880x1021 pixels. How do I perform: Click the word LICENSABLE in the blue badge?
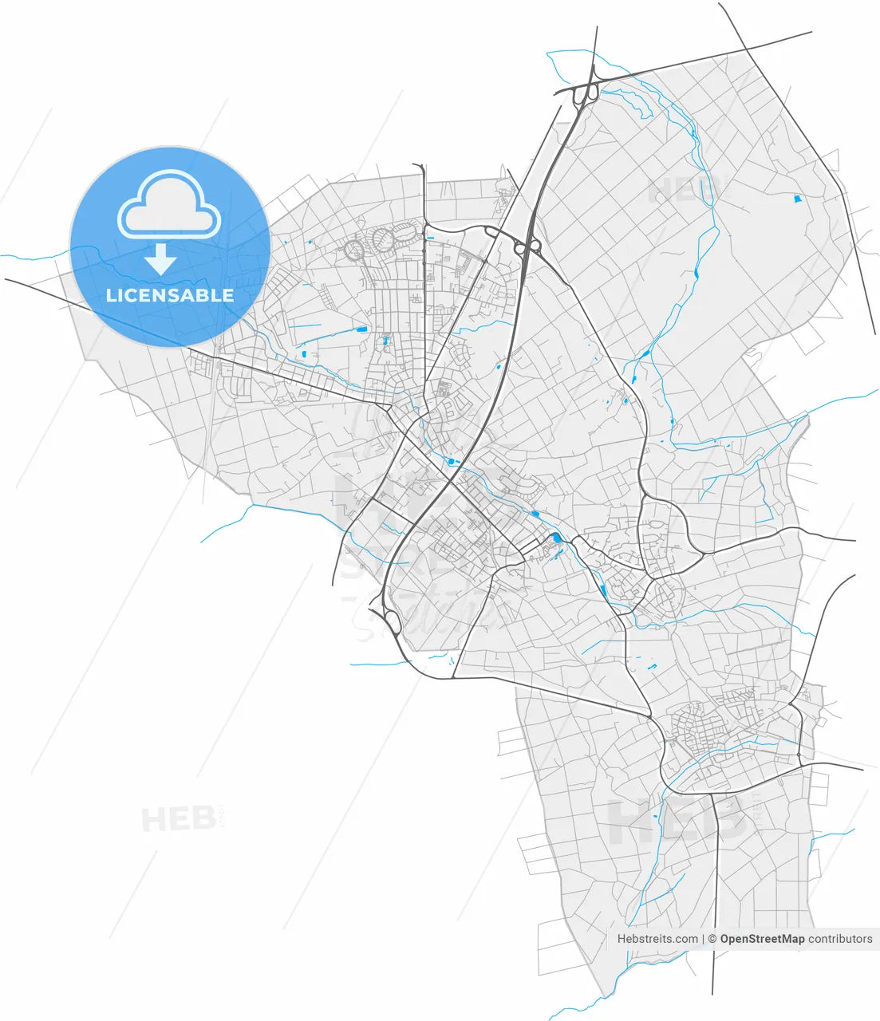tap(170, 295)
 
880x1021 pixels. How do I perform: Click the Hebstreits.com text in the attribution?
tap(657, 939)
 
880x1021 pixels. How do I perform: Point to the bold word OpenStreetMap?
tap(762, 939)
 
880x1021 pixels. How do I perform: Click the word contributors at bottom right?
tap(840, 939)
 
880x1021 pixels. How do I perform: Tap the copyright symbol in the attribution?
tap(713, 939)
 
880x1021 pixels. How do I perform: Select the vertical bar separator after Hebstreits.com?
tap(704, 939)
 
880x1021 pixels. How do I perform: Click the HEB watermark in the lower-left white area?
tap(178, 818)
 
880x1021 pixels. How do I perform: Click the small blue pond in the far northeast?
tap(797, 199)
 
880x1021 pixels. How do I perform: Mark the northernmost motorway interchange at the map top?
tap(586, 92)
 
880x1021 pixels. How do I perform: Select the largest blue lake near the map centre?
tap(556, 538)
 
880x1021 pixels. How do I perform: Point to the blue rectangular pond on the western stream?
tap(362, 328)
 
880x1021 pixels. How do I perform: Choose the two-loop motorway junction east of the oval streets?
tap(527, 246)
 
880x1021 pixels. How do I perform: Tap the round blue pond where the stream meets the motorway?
tap(453, 462)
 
